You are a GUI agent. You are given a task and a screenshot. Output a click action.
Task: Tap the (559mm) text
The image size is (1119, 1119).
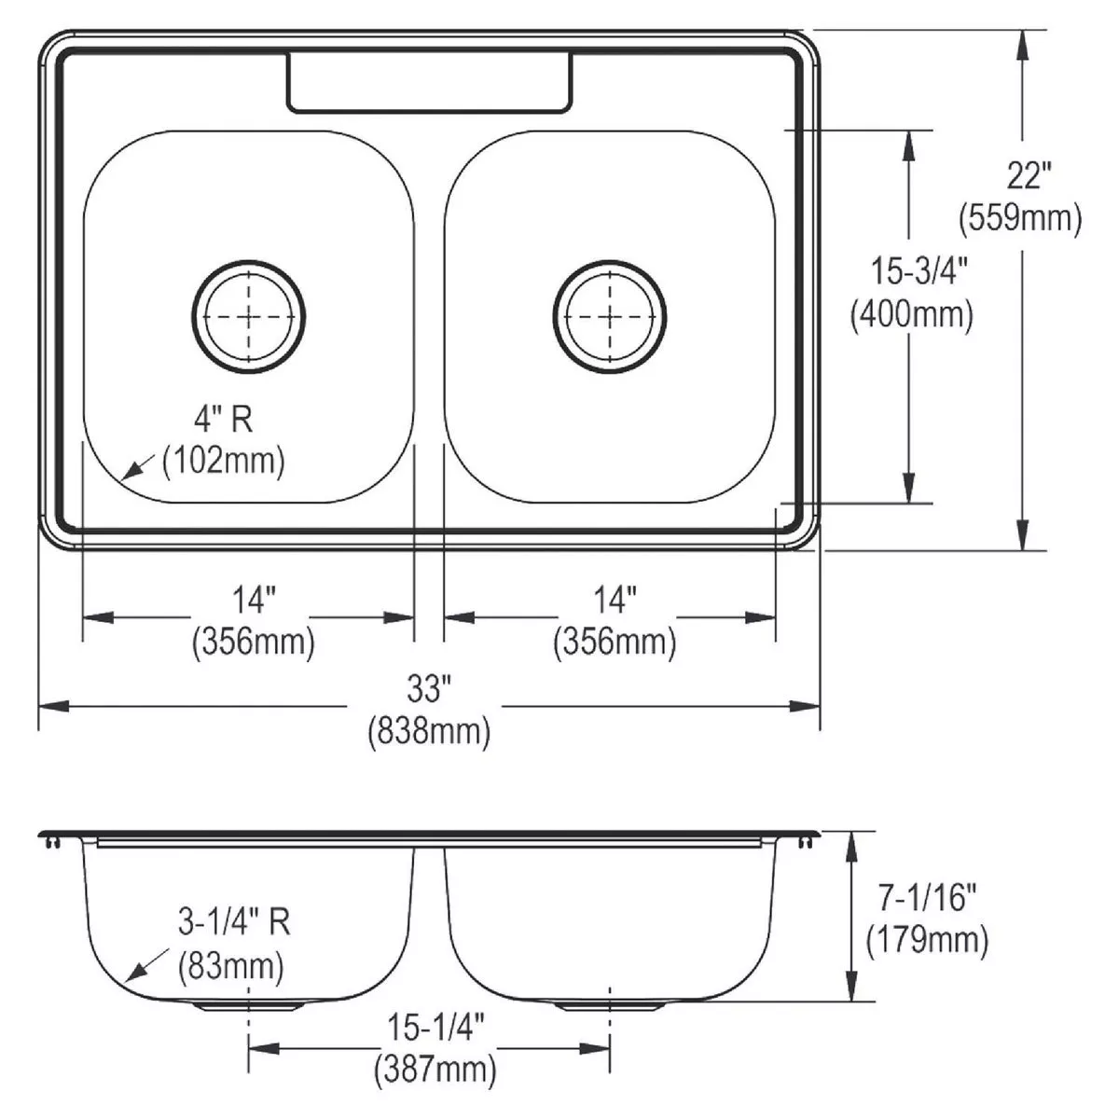tap(1020, 218)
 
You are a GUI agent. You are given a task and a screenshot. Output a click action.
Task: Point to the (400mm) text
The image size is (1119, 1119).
tap(912, 315)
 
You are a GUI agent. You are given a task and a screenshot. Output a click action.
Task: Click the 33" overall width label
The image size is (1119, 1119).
tap(429, 689)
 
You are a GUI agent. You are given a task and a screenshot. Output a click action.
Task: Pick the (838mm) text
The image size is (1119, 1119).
tap(429, 731)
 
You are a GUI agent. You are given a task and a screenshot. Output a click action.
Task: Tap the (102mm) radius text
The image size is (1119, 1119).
tap(224, 461)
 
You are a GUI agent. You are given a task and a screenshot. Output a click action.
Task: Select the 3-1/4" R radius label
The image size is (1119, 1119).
tap(234, 921)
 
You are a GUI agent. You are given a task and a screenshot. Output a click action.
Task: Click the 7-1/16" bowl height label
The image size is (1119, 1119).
tap(927, 897)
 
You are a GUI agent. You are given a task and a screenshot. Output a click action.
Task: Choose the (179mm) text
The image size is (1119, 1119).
tap(927, 941)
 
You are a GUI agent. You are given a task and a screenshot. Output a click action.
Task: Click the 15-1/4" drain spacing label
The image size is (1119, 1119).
tap(435, 1028)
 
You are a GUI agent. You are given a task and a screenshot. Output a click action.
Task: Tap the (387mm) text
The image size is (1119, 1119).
tap(435, 1069)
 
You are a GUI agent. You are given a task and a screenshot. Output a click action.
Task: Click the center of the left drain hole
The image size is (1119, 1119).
tap(249, 317)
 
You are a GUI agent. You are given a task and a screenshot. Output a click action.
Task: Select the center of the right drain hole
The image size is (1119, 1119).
tap(610, 317)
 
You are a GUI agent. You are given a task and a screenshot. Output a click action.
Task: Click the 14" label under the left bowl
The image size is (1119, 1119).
tap(254, 600)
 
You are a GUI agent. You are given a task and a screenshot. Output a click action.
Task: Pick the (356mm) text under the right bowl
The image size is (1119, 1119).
tap(615, 642)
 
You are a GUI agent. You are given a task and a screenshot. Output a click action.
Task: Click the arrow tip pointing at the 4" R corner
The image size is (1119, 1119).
tap(122, 479)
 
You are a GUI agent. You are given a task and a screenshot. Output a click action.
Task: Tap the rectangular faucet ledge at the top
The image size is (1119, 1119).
tap(430, 82)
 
